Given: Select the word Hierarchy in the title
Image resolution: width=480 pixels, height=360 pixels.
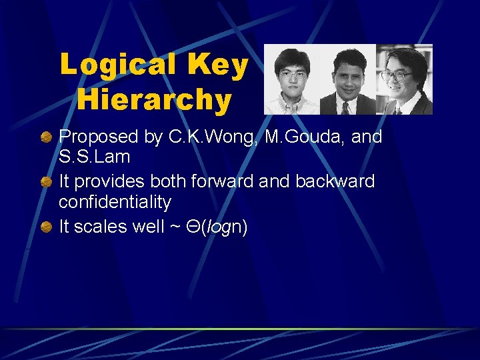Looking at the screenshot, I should coord(154,101).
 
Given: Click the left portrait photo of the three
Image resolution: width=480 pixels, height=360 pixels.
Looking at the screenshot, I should coord(291,80).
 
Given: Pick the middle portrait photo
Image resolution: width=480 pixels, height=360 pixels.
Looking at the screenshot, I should coord(348,80).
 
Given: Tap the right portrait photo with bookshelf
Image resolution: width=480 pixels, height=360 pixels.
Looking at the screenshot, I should coord(405,80).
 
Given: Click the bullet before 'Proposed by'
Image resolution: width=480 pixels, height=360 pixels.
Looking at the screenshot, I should coord(46,138).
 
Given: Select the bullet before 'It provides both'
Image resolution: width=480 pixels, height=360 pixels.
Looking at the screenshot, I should coord(46,182).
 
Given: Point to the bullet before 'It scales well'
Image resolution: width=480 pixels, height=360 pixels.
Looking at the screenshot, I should coord(46,227).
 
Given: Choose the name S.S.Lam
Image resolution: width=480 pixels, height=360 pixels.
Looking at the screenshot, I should coord(94,158).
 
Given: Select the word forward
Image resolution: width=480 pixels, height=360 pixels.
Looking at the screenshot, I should coord(232,181).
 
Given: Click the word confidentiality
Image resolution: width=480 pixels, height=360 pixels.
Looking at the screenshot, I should coord(115,202).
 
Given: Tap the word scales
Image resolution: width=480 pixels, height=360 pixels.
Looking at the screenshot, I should coord(97,227).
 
